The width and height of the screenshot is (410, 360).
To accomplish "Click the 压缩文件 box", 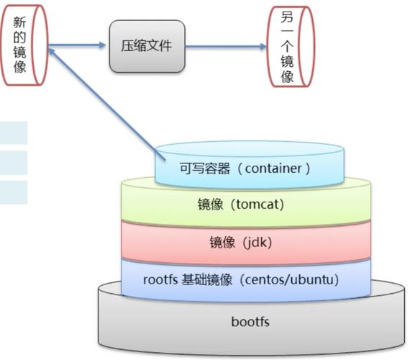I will pos(147,46).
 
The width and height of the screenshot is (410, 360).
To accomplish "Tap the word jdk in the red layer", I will pos(258,243).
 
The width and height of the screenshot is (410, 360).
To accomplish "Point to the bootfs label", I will pos(250,321).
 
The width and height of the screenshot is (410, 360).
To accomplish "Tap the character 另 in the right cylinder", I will pos(288,17).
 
